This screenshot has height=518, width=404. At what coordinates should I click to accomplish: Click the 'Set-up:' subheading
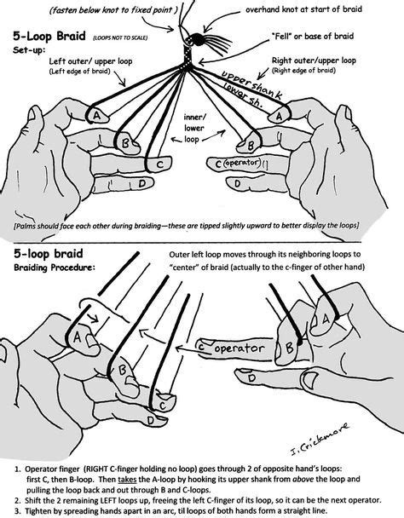click(30, 50)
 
